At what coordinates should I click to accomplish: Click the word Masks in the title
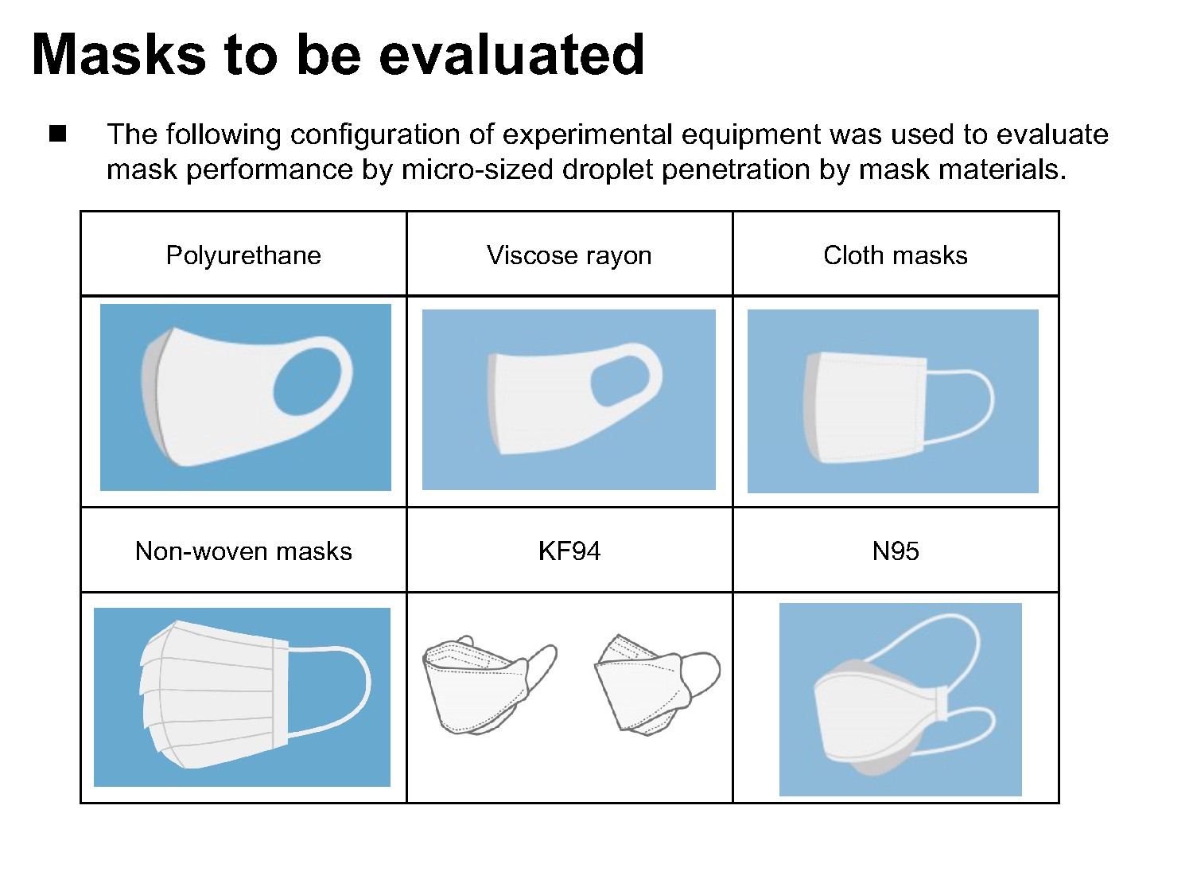[119, 54]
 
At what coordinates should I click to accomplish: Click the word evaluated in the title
[511, 54]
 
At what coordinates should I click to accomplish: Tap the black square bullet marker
[57, 134]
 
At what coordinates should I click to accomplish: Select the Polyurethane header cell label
[243, 255]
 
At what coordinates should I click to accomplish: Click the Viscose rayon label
[569, 255]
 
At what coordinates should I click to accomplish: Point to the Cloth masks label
[896, 255]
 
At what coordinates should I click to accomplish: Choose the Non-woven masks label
[243, 551]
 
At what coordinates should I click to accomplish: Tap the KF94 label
[569, 551]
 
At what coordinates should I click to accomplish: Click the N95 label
[896, 551]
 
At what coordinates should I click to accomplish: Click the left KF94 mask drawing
[489, 685]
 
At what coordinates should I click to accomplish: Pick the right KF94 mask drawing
[657, 685]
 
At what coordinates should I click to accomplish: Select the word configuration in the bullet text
[375, 135]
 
